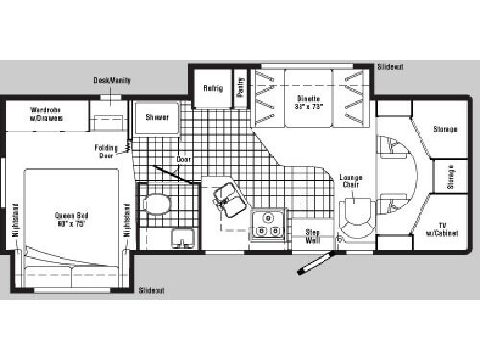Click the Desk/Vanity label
(x=112, y=80)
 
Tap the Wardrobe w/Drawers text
(x=45, y=113)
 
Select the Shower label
(x=157, y=117)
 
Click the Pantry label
(x=240, y=87)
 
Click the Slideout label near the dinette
(x=391, y=68)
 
